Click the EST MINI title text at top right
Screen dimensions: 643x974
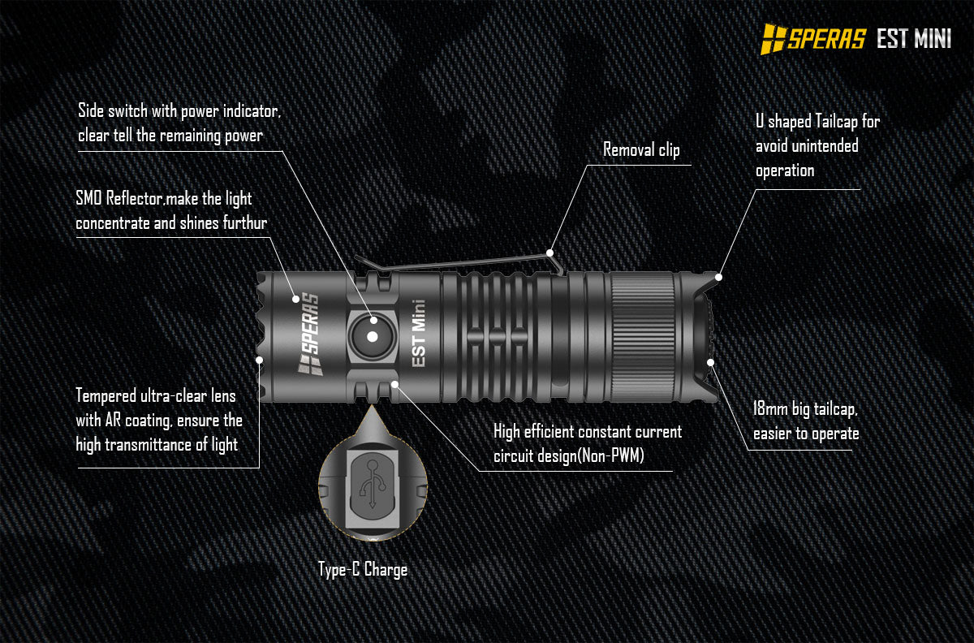[x=913, y=39]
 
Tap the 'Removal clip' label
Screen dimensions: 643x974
[x=641, y=150]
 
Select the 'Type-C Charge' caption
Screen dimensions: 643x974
[x=363, y=569]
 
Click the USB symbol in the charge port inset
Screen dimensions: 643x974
[x=373, y=484]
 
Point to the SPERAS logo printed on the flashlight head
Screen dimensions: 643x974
[x=308, y=334]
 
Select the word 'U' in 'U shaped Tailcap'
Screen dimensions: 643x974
[x=760, y=122]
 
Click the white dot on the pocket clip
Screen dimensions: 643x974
[x=550, y=252]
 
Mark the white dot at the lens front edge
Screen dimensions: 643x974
[x=260, y=359]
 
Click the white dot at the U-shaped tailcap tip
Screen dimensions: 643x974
[x=718, y=277]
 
